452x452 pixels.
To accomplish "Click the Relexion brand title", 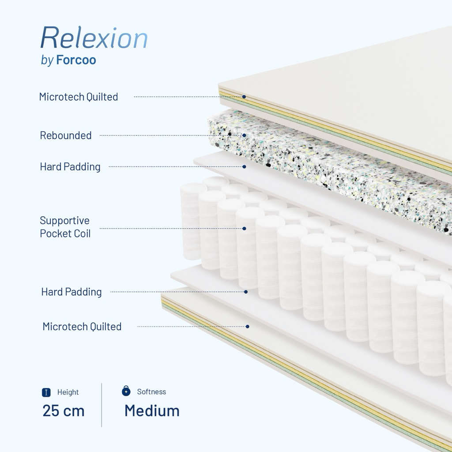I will pyautogui.click(x=94, y=38).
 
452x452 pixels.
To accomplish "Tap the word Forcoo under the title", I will pyautogui.click(x=76, y=60).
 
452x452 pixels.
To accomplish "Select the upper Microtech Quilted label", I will pyautogui.click(x=79, y=97).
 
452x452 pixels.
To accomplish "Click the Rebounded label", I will pyautogui.click(x=66, y=136).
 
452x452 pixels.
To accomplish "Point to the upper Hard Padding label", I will pyautogui.click(x=70, y=167).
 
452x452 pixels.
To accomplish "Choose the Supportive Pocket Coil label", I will pyautogui.click(x=65, y=227).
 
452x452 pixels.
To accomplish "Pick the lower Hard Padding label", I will pyautogui.click(x=72, y=292).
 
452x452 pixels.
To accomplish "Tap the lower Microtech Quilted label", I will pyautogui.click(x=82, y=327).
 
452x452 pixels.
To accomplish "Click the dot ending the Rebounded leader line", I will pyautogui.click(x=244, y=136).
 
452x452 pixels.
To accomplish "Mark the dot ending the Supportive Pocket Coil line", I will pyautogui.click(x=244, y=229).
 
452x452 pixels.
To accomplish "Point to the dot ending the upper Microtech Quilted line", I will pyautogui.click(x=244, y=97).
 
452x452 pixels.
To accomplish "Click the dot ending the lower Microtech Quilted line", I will pyautogui.click(x=248, y=327).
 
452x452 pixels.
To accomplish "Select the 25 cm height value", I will pyautogui.click(x=64, y=411).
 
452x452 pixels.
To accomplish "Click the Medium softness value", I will pyautogui.click(x=152, y=411).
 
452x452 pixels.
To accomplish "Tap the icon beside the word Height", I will pyautogui.click(x=46, y=392).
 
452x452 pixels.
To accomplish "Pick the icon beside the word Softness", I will pyautogui.click(x=126, y=391).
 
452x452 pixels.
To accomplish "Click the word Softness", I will pyautogui.click(x=151, y=392).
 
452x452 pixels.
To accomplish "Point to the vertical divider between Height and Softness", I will pyautogui.click(x=102, y=405).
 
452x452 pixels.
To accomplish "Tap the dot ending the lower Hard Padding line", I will pyautogui.click(x=246, y=292).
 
